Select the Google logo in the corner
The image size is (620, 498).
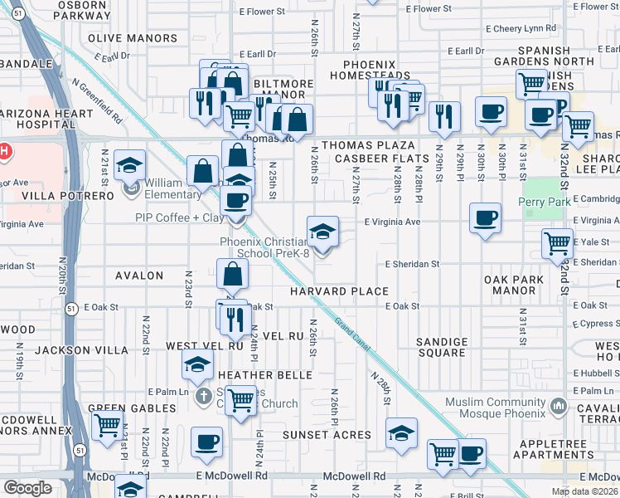point(27,488)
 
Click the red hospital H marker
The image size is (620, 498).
point(4,151)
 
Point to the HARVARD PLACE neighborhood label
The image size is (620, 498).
point(339,291)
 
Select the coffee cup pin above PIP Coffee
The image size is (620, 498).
point(235,201)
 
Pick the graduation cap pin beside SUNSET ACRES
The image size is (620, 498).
point(401,433)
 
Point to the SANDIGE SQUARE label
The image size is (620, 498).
point(441,347)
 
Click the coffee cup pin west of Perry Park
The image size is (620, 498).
point(485,218)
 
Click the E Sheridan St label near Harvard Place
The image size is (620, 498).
point(412,264)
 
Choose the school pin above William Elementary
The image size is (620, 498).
point(130,164)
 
